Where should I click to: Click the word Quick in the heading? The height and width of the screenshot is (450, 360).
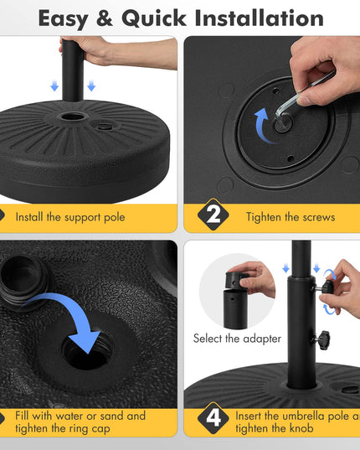coord(154,19)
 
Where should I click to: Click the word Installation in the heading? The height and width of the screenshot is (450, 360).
coord(259,18)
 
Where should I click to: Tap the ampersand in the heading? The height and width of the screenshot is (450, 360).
coord(105,18)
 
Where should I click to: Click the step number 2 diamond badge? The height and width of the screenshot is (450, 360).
coord(213,215)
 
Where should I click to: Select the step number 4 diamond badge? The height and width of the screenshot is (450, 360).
coord(213,418)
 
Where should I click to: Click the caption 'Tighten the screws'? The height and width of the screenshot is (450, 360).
coord(291,217)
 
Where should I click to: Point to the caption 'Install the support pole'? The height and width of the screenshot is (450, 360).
coord(70,217)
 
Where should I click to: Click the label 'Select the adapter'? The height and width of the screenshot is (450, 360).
coord(237,339)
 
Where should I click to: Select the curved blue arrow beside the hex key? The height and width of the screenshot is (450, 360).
coord(264,126)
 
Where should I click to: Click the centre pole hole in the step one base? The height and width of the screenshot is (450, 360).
coord(73,116)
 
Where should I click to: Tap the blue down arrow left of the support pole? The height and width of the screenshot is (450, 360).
coord(54,86)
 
